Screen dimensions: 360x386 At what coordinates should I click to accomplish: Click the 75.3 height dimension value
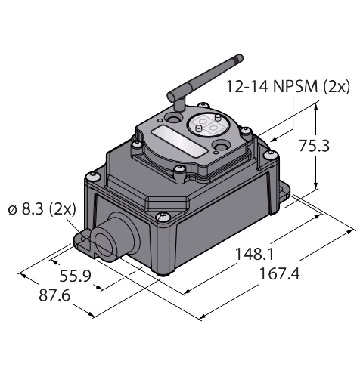coord(314,146)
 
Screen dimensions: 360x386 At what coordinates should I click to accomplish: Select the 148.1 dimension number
coord(254,254)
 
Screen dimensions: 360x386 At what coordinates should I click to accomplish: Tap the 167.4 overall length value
coord(279,273)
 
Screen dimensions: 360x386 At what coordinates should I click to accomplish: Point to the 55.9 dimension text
coord(75,276)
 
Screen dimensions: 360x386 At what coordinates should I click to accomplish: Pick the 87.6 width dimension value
coord(54,295)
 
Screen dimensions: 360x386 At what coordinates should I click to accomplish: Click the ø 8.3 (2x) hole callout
coord(42,209)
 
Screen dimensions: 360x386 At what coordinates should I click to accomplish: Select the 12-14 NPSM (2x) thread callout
coord(288,87)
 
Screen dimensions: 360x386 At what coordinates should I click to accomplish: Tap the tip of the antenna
coord(240,57)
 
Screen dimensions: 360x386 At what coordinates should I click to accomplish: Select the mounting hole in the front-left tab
coord(86,240)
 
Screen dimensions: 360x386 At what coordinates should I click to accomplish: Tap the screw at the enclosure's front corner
coord(162,217)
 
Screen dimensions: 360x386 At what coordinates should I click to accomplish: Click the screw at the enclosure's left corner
coord(92,176)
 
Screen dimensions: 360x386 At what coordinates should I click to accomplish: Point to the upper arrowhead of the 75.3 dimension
coord(316,107)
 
